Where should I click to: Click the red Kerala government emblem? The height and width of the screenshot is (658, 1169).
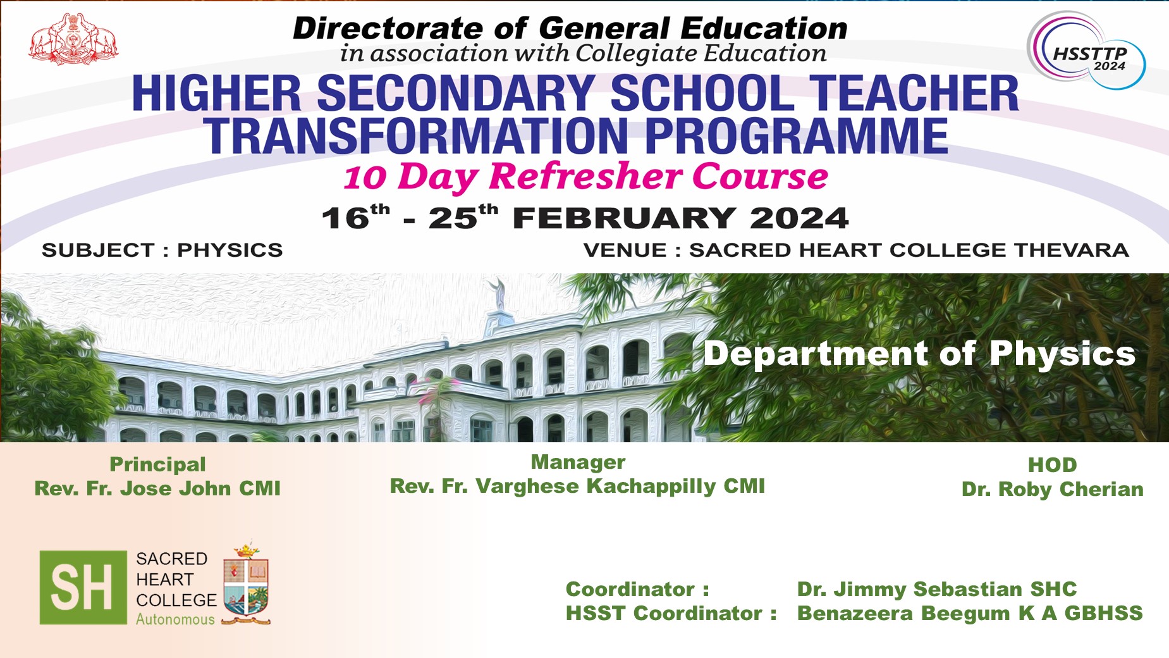73,39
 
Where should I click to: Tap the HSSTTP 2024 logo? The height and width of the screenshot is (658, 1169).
1086,51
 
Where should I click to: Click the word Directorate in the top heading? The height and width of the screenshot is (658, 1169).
388,28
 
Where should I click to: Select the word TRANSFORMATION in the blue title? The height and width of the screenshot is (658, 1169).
415,136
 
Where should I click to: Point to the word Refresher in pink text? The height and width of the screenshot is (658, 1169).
585,176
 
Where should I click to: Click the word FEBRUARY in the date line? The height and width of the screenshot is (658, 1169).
625,219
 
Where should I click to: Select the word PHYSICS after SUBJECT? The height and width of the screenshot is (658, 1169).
230,250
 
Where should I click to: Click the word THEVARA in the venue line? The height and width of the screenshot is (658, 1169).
1072,250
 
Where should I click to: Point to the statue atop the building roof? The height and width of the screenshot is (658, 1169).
499,294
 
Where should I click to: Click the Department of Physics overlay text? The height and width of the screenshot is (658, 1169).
919,353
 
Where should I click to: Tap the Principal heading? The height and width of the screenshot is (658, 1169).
157,465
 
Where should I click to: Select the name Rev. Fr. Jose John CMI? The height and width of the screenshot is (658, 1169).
157,488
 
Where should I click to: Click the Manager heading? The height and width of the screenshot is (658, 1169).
578,462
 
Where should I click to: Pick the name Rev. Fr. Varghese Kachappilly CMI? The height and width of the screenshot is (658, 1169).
577,487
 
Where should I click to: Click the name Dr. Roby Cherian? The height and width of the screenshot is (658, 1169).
1053,489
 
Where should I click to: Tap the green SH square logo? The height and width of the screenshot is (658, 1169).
83,587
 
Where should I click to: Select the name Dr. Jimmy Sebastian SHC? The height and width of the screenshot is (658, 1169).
936,589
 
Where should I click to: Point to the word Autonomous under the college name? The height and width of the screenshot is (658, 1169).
176,619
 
